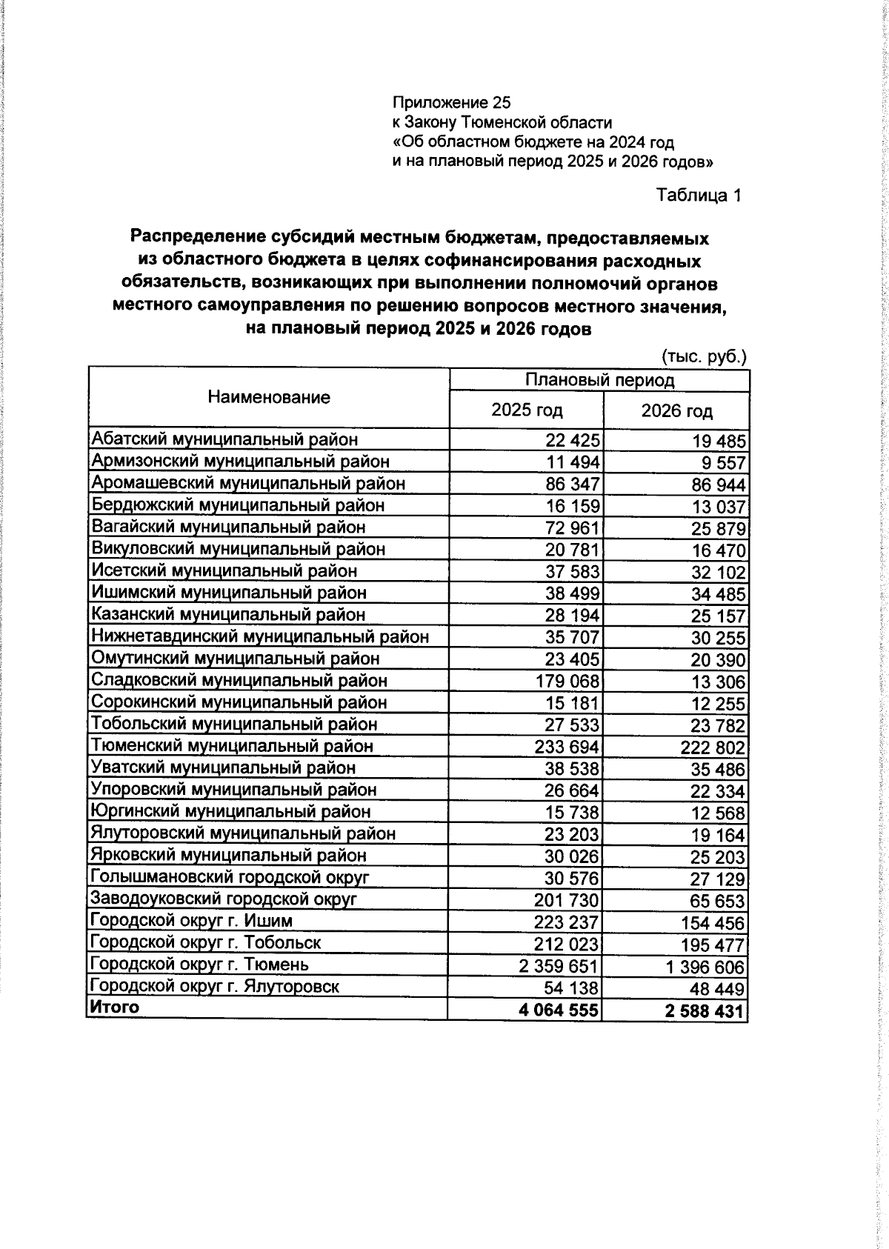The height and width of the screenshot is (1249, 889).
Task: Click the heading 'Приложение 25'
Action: coord(451,102)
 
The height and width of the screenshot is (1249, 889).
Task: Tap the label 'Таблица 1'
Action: coord(698,196)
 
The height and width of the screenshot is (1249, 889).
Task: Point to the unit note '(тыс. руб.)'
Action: coord(703,356)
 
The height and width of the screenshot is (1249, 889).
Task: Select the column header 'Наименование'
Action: coord(269,398)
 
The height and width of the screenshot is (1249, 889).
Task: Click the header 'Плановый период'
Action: coord(599,381)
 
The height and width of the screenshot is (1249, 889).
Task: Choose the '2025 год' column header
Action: coord(527,410)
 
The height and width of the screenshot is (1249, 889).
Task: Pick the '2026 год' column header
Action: coord(676,410)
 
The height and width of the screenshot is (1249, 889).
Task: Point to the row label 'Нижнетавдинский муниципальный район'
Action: coord(259,636)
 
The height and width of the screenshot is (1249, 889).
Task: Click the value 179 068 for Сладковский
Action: coord(567,681)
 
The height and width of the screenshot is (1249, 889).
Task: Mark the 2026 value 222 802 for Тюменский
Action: coord(713,747)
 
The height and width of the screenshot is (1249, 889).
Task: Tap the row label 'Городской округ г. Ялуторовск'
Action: coord(214,987)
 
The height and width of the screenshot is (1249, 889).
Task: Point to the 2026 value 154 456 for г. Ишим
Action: coord(713,923)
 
